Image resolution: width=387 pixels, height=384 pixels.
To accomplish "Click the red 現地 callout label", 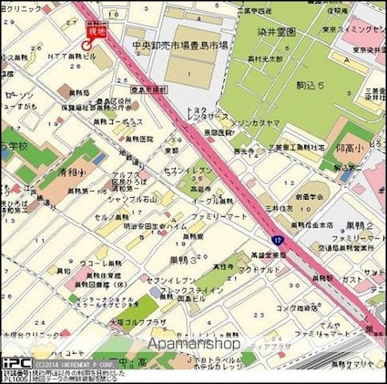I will click(x=96, y=30).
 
